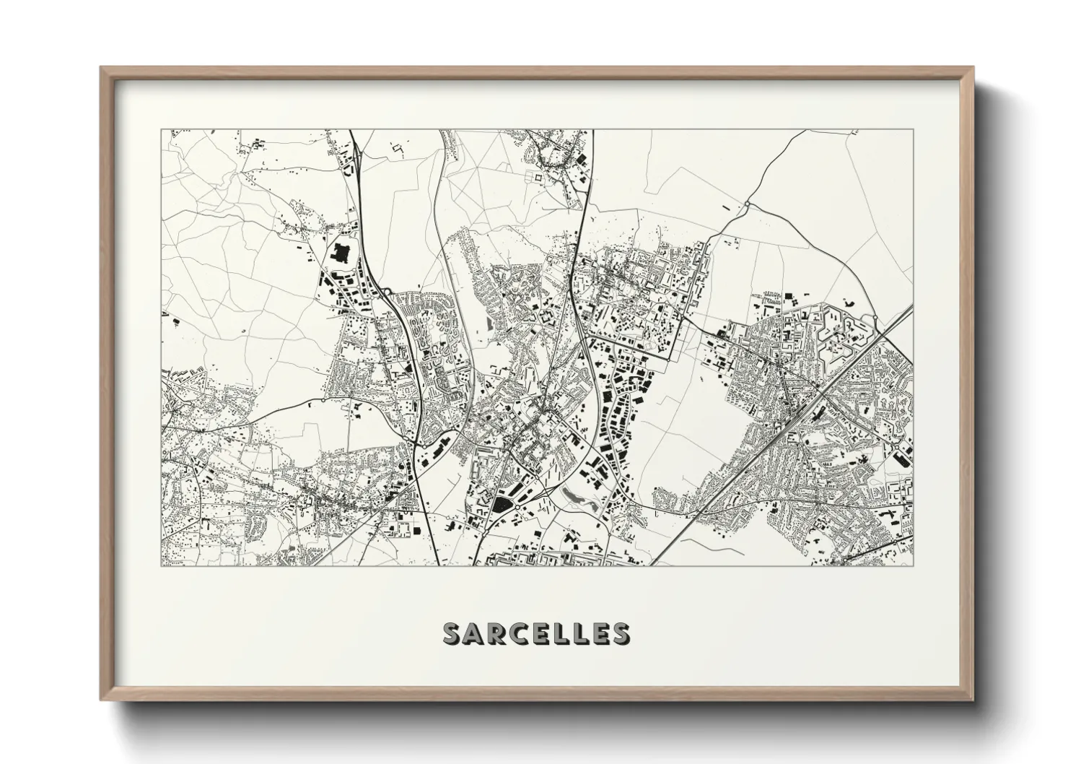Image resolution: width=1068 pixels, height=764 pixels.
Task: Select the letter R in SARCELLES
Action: coord(499,633)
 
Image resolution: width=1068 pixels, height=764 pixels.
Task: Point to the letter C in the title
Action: coord(521,633)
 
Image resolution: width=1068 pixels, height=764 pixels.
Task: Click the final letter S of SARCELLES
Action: coord(618,633)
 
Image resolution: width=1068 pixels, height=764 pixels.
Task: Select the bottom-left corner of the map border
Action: coord(162,565)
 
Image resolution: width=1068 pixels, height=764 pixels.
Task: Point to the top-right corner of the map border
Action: coord(913,130)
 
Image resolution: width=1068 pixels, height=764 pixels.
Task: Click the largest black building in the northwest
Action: coord(339,253)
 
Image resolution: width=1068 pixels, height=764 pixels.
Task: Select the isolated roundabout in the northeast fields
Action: coord(748,204)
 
